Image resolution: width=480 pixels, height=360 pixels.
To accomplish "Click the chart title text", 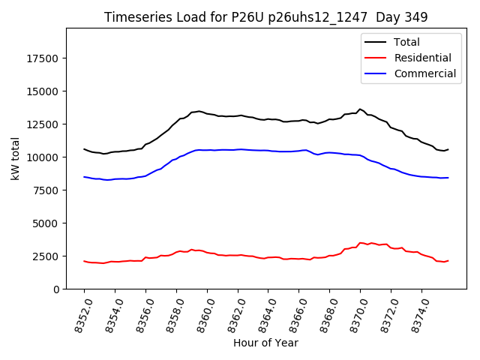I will click(x=265, y=17).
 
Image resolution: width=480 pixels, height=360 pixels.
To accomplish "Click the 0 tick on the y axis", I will click(x=57, y=289).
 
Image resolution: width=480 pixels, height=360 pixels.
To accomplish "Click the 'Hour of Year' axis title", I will click(x=265, y=343).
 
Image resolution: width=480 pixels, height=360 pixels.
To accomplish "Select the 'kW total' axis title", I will click(x=15, y=158).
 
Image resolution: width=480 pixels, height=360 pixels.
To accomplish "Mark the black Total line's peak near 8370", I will click(x=360, y=109).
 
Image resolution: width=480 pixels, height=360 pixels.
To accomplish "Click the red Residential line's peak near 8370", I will click(x=361, y=242).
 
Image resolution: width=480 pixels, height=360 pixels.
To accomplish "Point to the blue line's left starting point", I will click(x=84, y=177).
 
